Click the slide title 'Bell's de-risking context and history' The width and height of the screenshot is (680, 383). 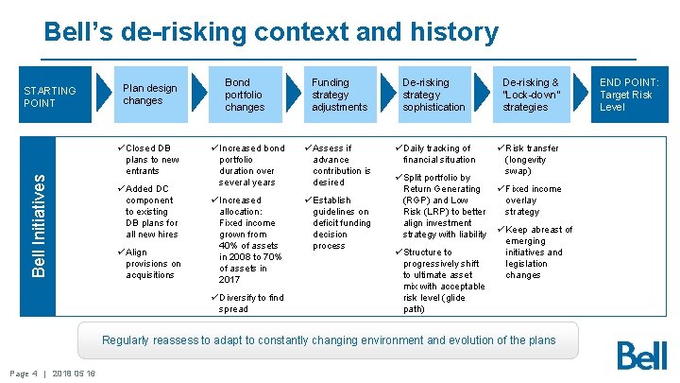(271, 33)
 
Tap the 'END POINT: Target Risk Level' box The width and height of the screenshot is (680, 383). (629, 95)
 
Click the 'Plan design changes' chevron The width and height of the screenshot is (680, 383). (150, 95)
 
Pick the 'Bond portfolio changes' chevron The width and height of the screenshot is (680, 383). (244, 95)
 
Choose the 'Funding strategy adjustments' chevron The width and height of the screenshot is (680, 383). (339, 95)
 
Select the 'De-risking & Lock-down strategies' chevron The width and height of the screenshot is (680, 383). (531, 95)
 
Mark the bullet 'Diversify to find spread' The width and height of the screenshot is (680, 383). (251, 303)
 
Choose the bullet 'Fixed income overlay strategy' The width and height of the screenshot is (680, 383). (533, 200)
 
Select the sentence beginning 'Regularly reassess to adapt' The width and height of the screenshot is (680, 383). (329, 339)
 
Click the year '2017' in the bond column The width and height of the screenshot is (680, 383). (229, 280)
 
